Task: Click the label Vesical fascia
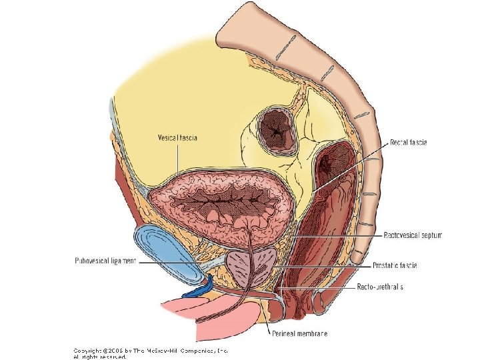[x=177, y=138]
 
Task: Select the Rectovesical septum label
[x=413, y=235]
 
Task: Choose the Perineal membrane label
[x=299, y=333]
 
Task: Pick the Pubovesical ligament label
[x=105, y=261]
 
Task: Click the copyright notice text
[x=150, y=353]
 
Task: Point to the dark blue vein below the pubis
[x=198, y=289]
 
